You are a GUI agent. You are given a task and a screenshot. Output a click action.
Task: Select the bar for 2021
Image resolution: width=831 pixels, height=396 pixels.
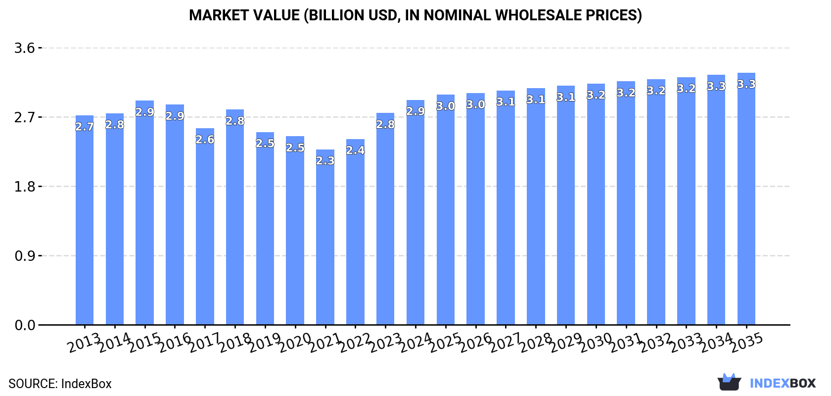pos(325,238)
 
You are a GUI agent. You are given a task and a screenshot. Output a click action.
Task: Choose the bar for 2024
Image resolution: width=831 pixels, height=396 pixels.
pos(415,213)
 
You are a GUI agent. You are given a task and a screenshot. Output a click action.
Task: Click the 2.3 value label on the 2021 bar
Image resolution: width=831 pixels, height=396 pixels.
pos(325,161)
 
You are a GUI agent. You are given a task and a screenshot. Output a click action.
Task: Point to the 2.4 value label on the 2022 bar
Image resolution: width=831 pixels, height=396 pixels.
pos(355,150)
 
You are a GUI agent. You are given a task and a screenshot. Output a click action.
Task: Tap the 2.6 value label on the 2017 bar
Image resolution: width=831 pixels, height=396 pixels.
pos(205,140)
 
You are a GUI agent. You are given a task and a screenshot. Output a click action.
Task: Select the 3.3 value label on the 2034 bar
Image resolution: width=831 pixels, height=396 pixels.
pos(716,87)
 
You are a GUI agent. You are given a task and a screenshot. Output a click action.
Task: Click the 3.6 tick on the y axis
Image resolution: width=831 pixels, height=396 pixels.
pos(24,48)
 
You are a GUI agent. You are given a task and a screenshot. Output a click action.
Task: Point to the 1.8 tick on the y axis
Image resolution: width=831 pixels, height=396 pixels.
pos(24,187)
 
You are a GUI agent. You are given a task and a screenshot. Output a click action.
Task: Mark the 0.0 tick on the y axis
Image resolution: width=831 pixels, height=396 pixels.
pos(24,325)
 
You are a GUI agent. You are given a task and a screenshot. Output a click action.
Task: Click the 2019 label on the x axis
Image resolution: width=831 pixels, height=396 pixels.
pos(265,343)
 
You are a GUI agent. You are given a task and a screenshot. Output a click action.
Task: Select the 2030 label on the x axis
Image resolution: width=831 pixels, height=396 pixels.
pos(596,343)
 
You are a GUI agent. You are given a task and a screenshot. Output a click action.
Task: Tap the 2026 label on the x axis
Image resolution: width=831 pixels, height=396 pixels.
pos(476,343)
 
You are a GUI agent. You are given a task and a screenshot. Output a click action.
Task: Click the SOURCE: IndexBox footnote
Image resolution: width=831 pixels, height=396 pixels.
pos(60,384)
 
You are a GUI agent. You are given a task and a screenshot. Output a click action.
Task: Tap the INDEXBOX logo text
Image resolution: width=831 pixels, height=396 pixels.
pos(783,383)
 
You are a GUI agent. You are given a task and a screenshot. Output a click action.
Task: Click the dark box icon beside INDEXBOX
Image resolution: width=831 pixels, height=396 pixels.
pos(729,382)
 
